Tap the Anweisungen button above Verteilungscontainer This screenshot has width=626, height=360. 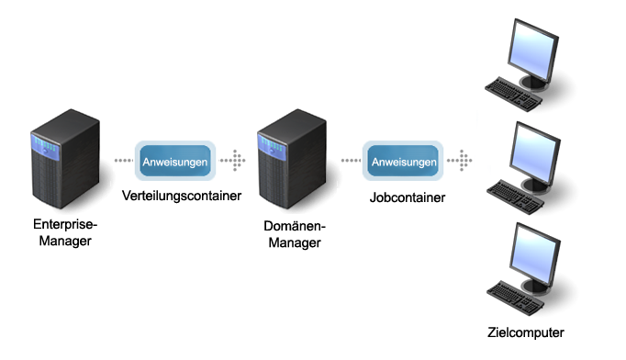pos(174,162)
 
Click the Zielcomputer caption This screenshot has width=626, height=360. pos(527,332)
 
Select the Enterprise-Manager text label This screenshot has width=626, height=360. pos(64,232)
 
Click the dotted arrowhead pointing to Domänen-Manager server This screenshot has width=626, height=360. pos(237,161)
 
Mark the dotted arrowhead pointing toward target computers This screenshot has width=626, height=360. pos(464,161)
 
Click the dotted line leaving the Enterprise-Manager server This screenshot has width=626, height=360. pos(122,161)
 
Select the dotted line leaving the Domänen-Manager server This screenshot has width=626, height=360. pos(349,161)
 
